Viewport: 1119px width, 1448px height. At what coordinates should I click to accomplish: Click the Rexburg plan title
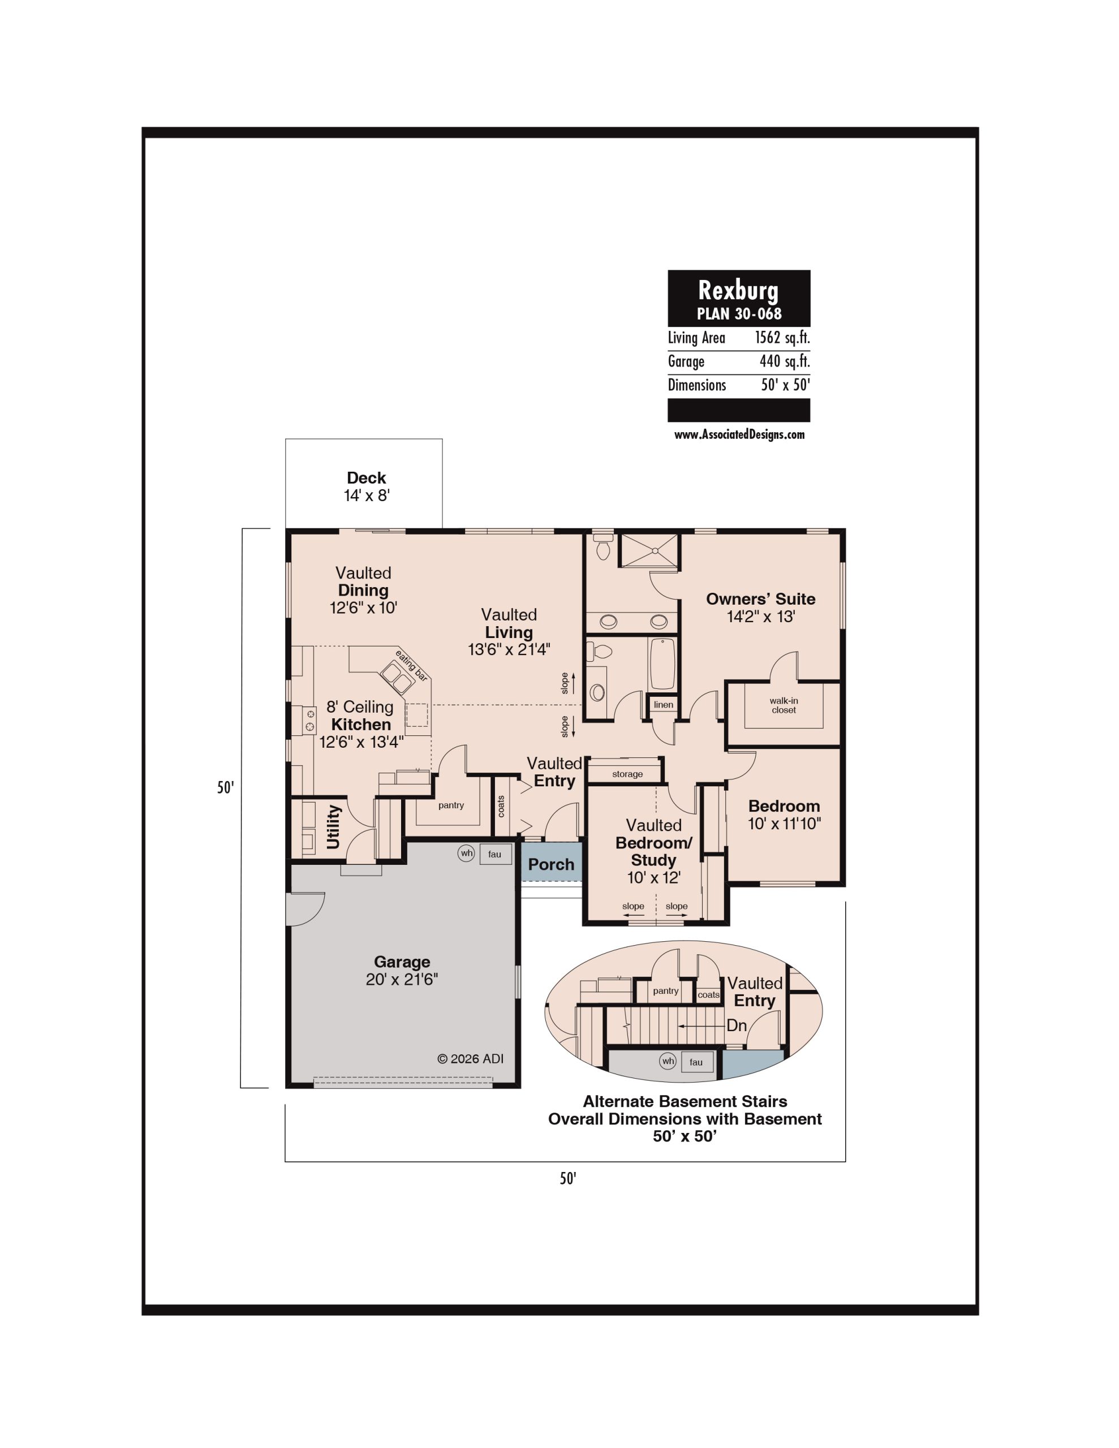[738, 290]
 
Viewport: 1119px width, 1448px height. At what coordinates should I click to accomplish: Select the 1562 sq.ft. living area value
[782, 338]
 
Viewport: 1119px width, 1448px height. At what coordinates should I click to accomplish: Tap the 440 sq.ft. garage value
[785, 361]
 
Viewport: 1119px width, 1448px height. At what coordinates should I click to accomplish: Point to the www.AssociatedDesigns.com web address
[739, 434]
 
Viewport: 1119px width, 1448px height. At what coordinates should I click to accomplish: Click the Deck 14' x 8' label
[366, 486]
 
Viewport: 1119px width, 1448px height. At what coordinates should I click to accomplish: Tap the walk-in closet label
[784, 705]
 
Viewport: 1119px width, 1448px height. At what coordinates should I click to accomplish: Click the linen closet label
[663, 704]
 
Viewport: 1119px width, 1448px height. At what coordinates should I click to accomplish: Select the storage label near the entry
[627, 774]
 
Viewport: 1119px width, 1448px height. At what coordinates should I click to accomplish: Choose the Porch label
[551, 864]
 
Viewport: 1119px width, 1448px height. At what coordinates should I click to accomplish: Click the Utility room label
[333, 827]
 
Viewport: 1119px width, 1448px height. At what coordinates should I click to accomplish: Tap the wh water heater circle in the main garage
[466, 854]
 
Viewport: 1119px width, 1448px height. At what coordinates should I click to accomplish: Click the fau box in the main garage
[495, 854]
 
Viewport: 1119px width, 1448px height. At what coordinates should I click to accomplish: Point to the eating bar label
[411, 666]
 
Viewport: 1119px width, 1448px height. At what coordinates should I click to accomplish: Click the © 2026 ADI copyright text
[470, 1059]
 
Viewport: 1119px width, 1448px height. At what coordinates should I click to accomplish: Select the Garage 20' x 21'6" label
[402, 970]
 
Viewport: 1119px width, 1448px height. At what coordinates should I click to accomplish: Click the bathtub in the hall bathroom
[662, 663]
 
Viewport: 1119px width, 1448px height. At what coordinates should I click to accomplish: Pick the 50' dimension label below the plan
[568, 1178]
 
